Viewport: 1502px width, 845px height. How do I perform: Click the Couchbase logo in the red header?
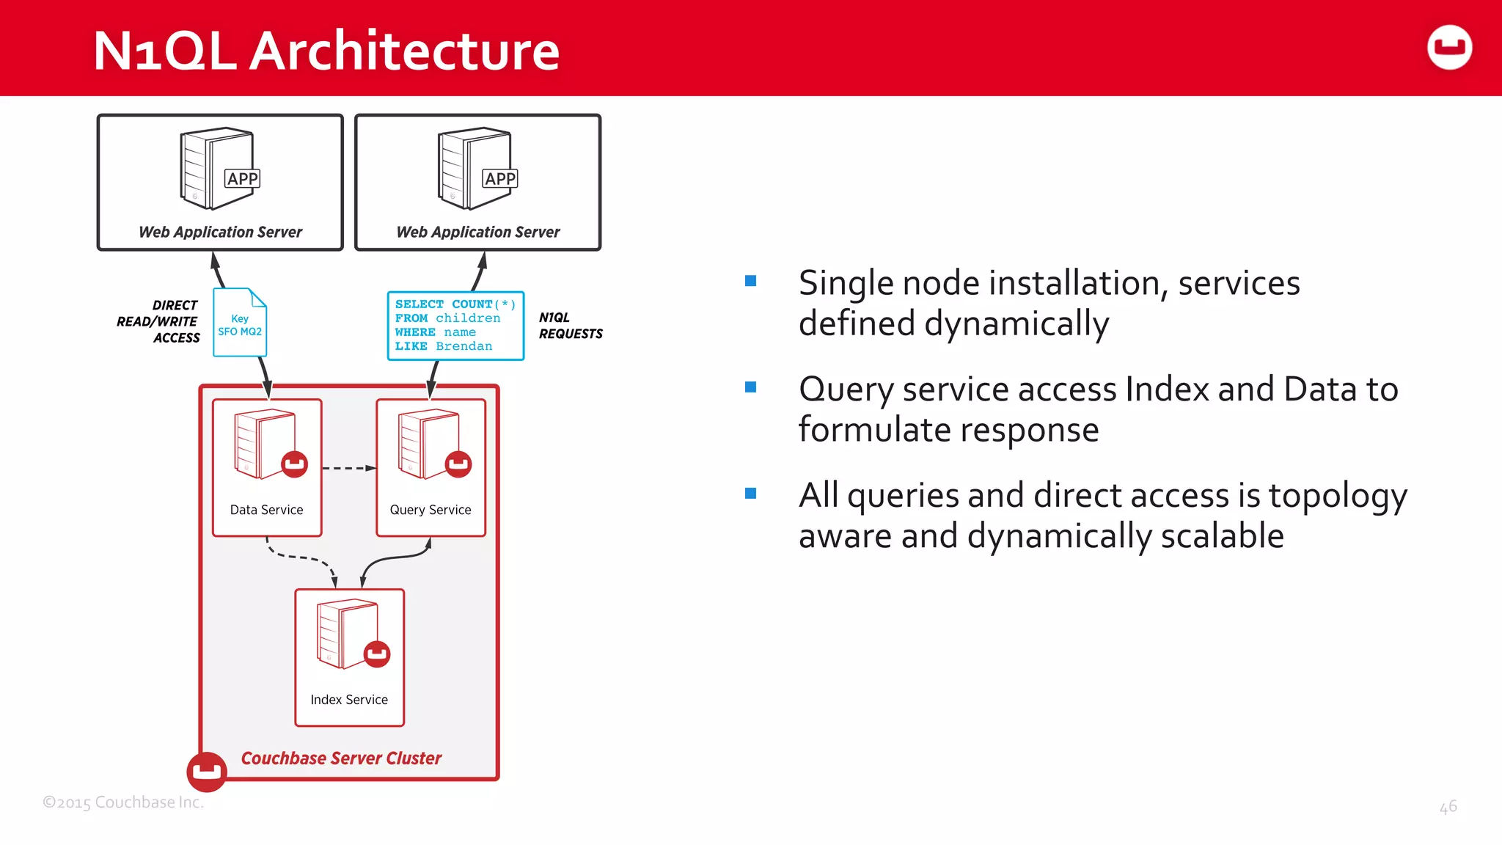pyautogui.click(x=1449, y=48)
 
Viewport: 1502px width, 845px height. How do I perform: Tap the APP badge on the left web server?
pyautogui.click(x=242, y=179)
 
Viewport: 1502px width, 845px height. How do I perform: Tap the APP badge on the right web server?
pyautogui.click(x=499, y=179)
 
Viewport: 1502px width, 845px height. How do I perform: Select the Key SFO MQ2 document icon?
pyautogui.click(x=240, y=323)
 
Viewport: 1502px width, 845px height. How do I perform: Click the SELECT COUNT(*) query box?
pyautogui.click(x=455, y=326)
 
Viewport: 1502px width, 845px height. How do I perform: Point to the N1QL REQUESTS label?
pyautogui.click(x=570, y=326)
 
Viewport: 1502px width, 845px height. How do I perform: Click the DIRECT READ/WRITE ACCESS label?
pyautogui.click(x=159, y=321)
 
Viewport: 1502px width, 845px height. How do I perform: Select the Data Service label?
pyautogui.click(x=266, y=510)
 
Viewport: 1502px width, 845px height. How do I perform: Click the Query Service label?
pyautogui.click(x=431, y=510)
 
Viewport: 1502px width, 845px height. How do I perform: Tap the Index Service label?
pyautogui.click(x=349, y=700)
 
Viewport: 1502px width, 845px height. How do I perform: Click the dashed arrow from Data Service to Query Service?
pyautogui.click(x=348, y=468)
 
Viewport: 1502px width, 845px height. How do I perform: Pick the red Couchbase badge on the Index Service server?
pyautogui.click(x=377, y=654)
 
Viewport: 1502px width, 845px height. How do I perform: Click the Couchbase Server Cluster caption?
pyautogui.click(x=341, y=758)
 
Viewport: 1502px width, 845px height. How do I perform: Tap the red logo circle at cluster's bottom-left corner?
pyautogui.click(x=207, y=772)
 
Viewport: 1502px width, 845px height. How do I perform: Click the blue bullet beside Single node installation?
pyautogui.click(x=750, y=281)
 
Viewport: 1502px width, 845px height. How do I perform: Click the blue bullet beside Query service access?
pyautogui.click(x=750, y=387)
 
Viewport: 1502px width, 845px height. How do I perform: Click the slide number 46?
pyautogui.click(x=1448, y=807)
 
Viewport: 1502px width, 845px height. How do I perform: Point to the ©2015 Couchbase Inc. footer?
pyautogui.click(x=123, y=802)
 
